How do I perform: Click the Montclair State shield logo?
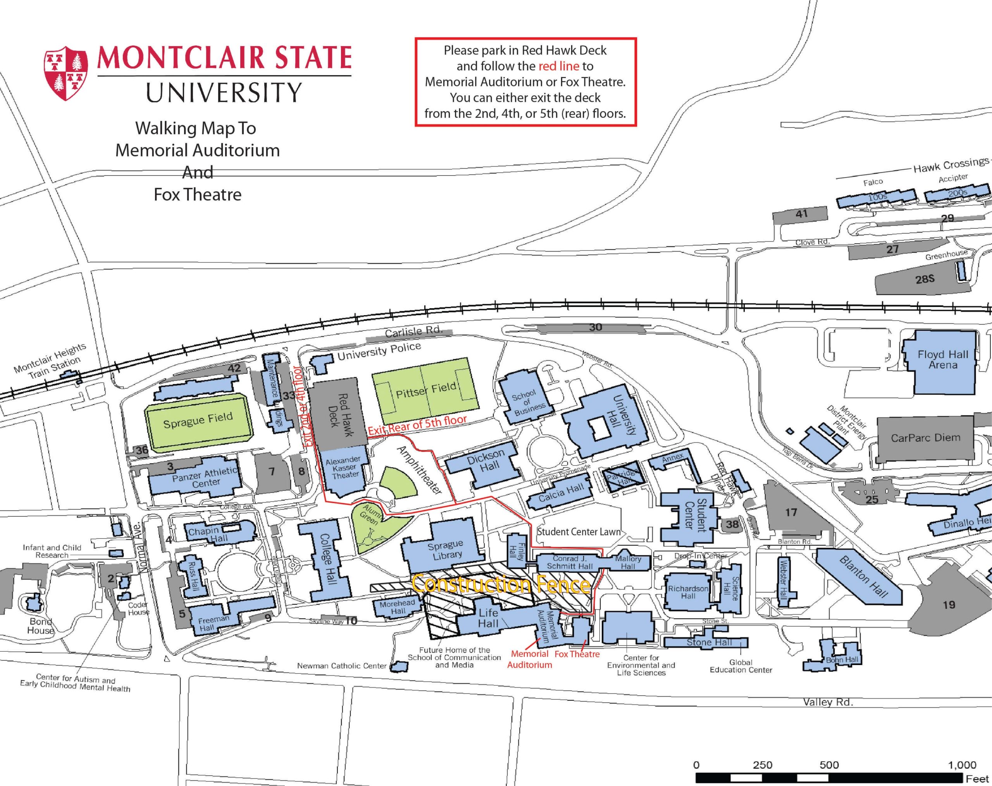point(66,73)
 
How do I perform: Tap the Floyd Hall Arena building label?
point(943,359)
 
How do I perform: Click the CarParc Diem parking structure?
point(925,438)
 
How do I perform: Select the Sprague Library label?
point(445,550)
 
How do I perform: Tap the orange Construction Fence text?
point(501,584)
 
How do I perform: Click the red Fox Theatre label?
point(577,654)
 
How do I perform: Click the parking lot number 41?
point(801,214)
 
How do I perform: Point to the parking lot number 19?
point(949,605)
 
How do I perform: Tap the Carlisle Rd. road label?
point(413,331)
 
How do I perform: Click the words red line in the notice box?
point(558,66)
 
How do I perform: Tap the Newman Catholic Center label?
point(341,666)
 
